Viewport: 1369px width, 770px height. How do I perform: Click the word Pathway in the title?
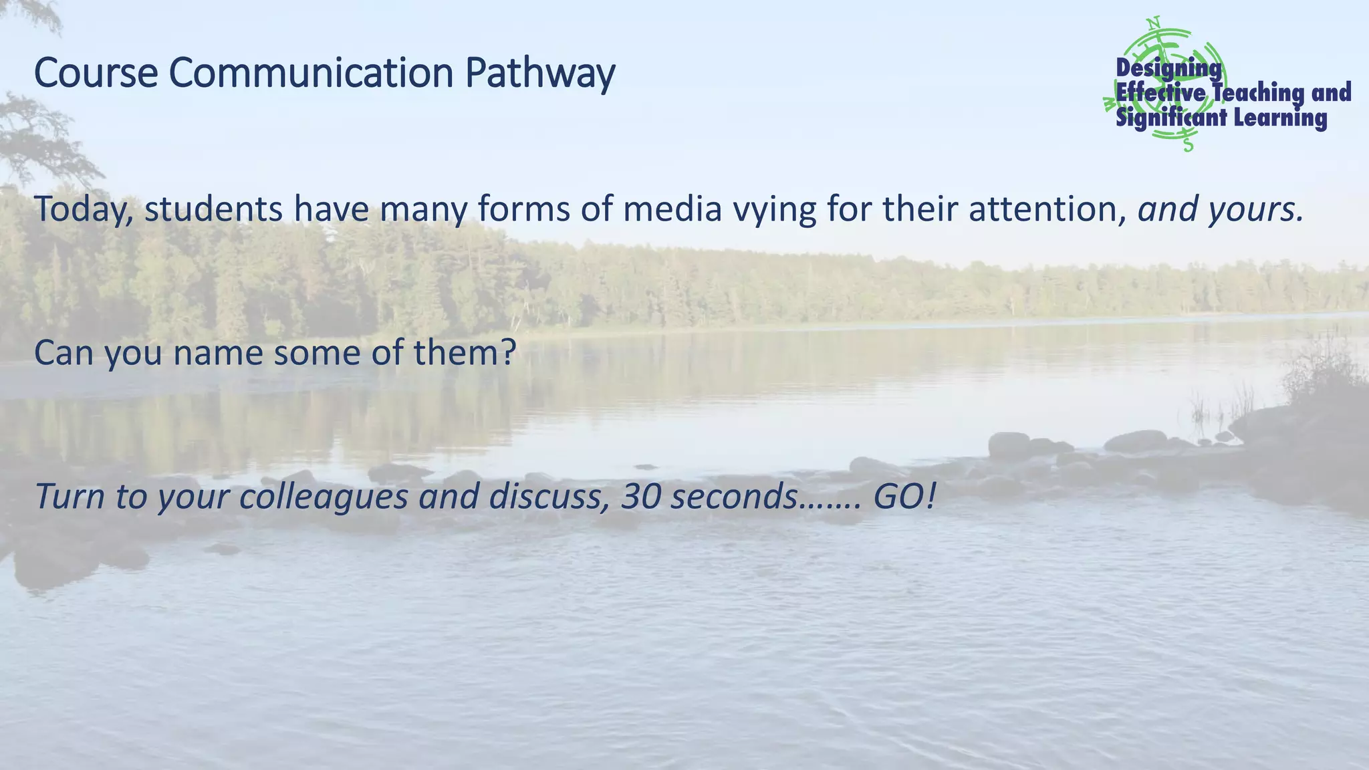(x=539, y=74)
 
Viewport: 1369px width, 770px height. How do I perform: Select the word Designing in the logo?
(x=1168, y=68)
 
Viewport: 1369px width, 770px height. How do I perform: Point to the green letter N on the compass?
(x=1152, y=22)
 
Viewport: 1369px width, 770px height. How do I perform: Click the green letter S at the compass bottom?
(x=1188, y=143)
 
